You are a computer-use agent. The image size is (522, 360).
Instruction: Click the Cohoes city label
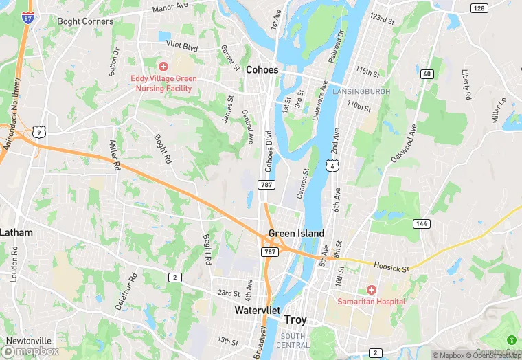[262, 70]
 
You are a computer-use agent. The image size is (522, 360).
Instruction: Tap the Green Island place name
[296, 234]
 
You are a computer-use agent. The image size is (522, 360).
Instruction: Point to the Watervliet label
[258, 311]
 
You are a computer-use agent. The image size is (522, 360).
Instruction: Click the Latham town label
[16, 232]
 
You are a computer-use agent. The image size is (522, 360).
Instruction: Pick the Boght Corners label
[86, 21]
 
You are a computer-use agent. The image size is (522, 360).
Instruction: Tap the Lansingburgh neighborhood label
[361, 91]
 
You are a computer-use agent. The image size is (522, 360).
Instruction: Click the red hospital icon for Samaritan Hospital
[371, 290]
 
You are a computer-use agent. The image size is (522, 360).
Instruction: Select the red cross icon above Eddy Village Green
[163, 67]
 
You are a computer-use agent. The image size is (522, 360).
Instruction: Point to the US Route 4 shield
[332, 166]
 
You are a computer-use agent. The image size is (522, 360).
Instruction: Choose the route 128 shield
[479, 8]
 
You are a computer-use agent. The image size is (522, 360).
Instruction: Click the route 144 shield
[421, 224]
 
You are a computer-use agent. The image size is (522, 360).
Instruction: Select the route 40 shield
[427, 74]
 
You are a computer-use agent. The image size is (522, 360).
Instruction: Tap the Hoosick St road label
[391, 266]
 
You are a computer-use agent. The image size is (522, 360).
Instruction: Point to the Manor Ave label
[170, 8]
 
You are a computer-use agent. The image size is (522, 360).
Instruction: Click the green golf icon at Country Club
[511, 340]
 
